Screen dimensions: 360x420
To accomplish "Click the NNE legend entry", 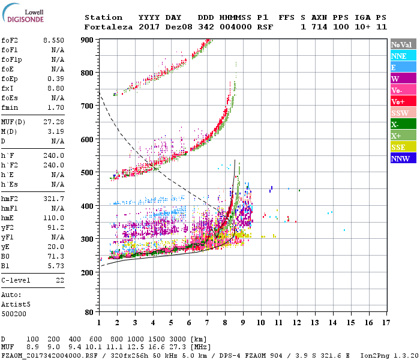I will pyautogui.click(x=400, y=56).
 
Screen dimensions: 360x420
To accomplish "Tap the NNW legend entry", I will pyautogui.click(x=400, y=158).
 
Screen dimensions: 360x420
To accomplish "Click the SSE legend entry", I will pyautogui.click(x=400, y=147).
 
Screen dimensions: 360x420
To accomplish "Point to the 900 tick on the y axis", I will pyautogui.click(x=88, y=40).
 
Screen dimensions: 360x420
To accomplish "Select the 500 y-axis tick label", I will pyautogui.click(x=88, y=173).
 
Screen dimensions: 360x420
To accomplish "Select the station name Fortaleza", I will pyautogui.click(x=108, y=27).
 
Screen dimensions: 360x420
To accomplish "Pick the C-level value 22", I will pyautogui.click(x=60, y=280).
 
